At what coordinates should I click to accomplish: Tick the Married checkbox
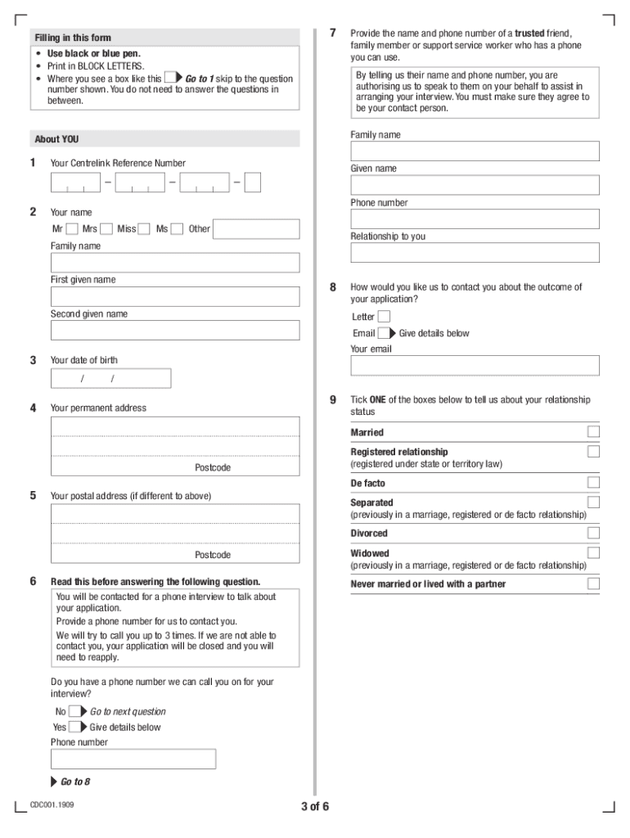(x=593, y=432)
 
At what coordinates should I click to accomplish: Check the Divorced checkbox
(x=593, y=533)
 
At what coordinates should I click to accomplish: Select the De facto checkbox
(x=593, y=483)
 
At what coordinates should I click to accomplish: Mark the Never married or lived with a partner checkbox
(x=593, y=583)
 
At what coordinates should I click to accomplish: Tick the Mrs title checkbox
(x=106, y=229)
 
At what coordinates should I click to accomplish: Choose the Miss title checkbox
(x=145, y=229)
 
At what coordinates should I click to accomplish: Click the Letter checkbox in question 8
(x=384, y=317)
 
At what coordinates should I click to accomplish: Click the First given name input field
(x=175, y=296)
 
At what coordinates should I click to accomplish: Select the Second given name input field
(x=175, y=330)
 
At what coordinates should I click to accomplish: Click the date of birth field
(x=110, y=378)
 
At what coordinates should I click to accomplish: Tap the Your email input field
(x=475, y=365)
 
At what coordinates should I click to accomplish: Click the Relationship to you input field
(x=475, y=252)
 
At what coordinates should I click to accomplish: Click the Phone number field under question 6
(x=133, y=759)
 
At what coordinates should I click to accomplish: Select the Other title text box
(x=256, y=229)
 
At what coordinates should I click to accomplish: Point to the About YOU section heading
(x=57, y=139)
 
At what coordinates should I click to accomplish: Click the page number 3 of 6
(x=315, y=807)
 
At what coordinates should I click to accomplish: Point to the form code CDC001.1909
(x=52, y=804)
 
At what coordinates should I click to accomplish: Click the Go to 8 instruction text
(x=74, y=782)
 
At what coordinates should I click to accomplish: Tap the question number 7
(x=333, y=33)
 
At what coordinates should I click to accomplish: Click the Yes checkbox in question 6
(x=75, y=727)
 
